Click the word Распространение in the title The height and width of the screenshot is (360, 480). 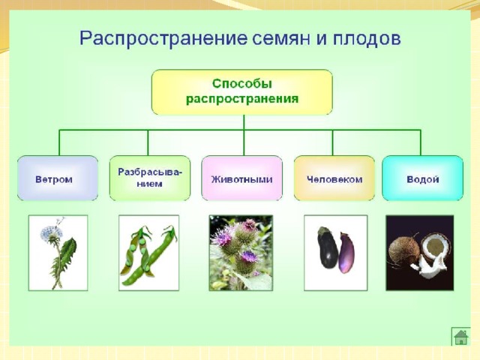coord(163,39)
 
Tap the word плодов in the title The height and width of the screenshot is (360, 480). coord(367,38)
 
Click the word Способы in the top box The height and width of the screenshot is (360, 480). coord(241,84)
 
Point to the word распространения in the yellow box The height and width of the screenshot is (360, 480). coord(241,99)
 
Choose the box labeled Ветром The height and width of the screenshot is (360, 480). coord(58,178)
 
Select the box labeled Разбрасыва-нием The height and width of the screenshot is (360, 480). coord(150,178)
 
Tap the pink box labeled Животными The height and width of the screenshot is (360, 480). coord(241,178)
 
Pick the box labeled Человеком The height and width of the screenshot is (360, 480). coord(334,178)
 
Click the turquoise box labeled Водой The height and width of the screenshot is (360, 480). coord(423,178)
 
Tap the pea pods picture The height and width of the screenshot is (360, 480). coord(148,253)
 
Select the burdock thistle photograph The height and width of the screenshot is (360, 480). coord(241,253)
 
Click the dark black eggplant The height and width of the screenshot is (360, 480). coord(328,247)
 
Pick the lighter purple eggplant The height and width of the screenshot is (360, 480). coord(346,253)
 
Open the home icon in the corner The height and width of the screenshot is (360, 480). coord(461,337)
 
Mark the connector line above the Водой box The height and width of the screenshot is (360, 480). coord(421,142)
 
